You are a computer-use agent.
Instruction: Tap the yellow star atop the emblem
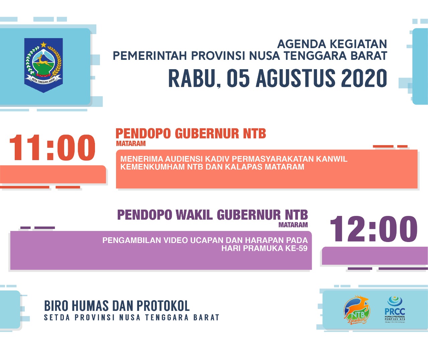pos(43,44)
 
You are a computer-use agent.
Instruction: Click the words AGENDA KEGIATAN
pos(332,44)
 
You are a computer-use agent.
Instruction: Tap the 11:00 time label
pos(52,148)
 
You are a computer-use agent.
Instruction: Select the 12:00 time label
pos(373,229)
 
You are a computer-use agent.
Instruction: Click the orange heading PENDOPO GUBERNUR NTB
pos(191,134)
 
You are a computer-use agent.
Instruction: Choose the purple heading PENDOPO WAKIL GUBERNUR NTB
pos(212,215)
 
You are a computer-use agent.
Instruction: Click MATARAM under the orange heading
pos(131,144)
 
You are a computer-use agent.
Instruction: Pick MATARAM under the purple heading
pos(293,225)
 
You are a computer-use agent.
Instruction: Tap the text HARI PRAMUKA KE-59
pos(264,248)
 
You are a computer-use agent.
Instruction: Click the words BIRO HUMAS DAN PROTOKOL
pos(117,306)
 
